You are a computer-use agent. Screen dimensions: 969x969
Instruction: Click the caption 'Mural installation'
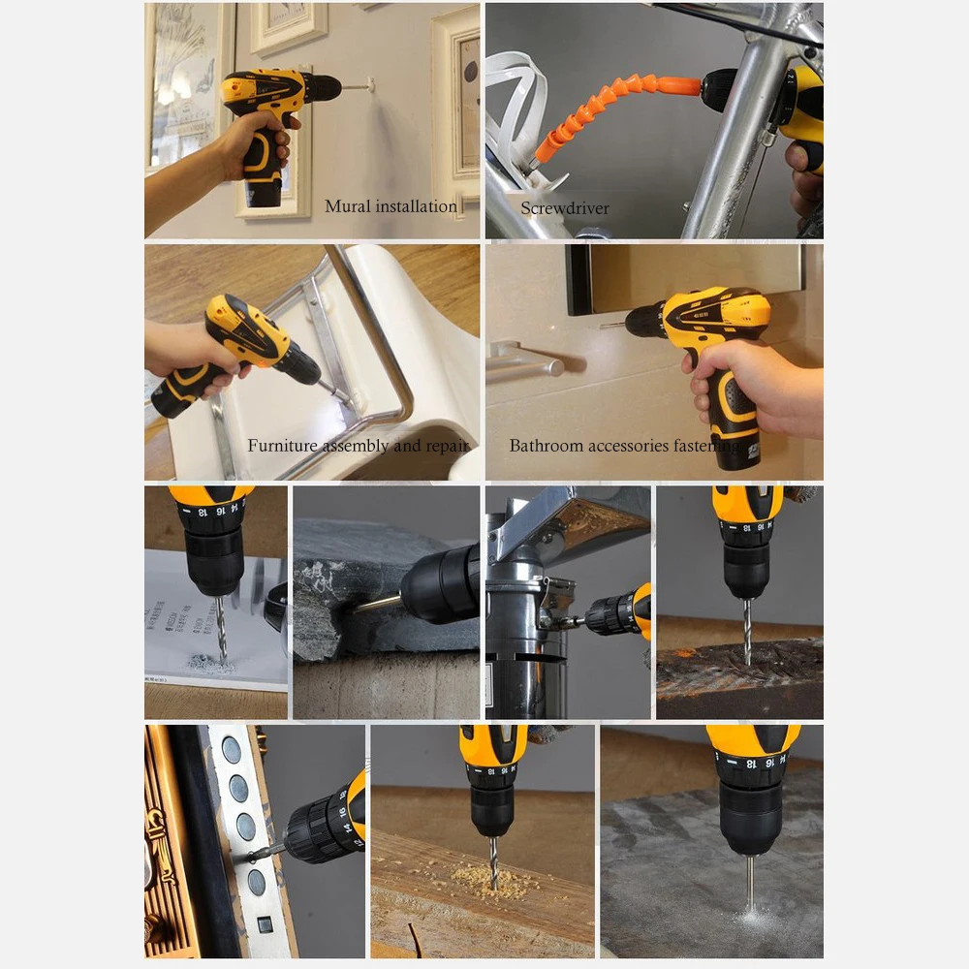pyautogui.click(x=391, y=206)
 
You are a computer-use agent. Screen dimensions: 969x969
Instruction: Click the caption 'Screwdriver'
pyautogui.click(x=565, y=208)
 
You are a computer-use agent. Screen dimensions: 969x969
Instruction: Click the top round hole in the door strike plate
pyautogui.click(x=232, y=748)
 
